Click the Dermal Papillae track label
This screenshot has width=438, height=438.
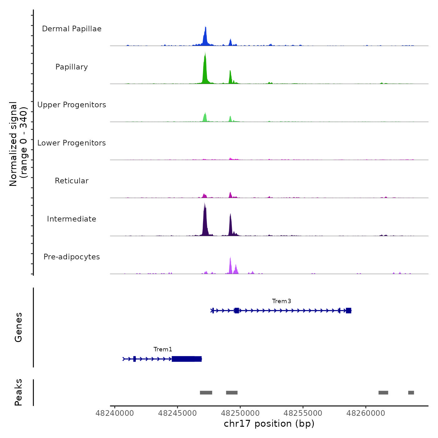coord(72,29)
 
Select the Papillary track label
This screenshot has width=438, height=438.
coord(72,67)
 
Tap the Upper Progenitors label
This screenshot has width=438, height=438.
coord(72,105)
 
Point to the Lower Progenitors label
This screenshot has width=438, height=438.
coord(72,143)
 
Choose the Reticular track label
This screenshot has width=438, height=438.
coord(72,181)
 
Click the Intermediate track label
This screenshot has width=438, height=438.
coord(72,219)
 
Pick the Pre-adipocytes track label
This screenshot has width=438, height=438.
coord(72,257)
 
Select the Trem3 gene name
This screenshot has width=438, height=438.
coord(282,301)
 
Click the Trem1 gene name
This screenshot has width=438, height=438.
coord(163,349)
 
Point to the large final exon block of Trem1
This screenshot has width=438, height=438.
coord(186,359)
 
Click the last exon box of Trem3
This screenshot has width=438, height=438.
coord(349,311)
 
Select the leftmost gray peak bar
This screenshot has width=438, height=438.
coord(206,393)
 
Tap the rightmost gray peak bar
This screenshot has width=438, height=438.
coord(411,393)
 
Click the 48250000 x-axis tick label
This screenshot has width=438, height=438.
coord(240,413)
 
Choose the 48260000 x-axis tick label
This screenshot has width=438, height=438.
coord(366,413)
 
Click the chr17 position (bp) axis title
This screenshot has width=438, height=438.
coord(269,424)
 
